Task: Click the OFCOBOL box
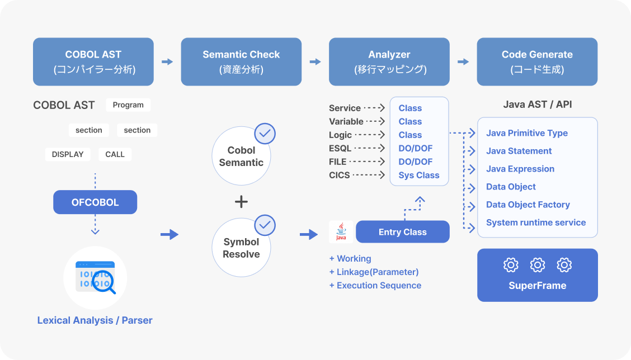[95, 202]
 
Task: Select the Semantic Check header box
[241, 61]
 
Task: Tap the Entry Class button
[402, 231]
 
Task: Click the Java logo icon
[341, 231]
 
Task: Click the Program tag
[128, 105]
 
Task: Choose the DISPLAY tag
[68, 154]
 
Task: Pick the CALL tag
[115, 154]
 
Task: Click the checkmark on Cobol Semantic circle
[265, 134]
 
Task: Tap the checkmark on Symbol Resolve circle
[265, 225]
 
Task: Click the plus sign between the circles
[241, 201]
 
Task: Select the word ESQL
[340, 149]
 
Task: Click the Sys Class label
[418, 176]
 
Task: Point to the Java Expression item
[520, 169]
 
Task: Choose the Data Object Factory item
[528, 205]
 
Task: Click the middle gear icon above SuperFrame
[537, 264]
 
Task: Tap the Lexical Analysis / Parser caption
[95, 320]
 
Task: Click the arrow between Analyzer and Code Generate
[463, 61]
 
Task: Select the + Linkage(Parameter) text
[374, 272]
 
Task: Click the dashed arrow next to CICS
[369, 175]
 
